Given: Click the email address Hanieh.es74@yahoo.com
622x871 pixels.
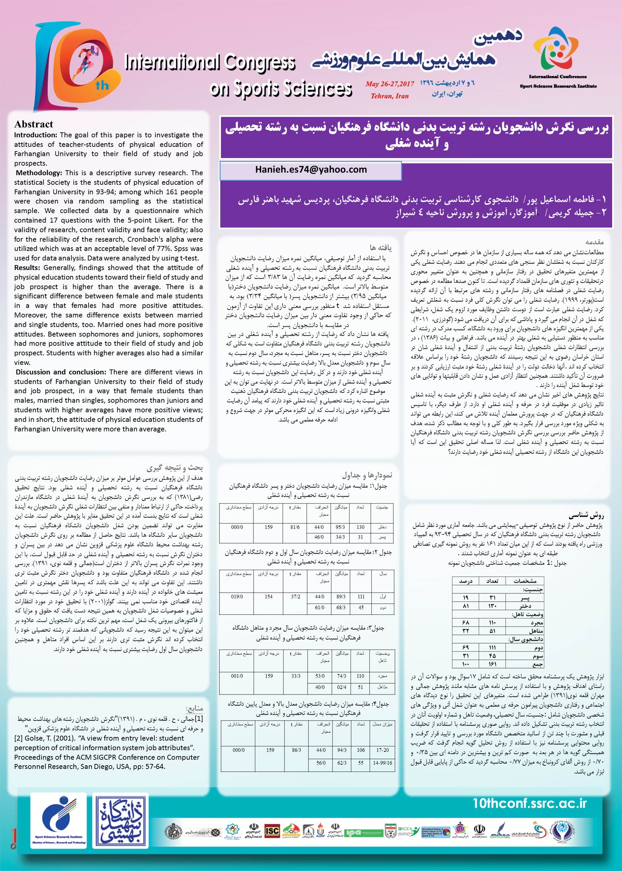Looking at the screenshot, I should [311, 170].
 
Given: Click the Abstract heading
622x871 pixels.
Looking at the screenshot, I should [34, 124].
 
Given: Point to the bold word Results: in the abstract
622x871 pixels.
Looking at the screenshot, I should [27, 268].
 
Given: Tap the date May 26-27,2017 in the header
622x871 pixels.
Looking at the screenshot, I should [390, 84].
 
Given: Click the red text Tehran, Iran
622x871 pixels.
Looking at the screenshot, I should [390, 96].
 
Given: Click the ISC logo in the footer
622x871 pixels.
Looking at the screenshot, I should [272, 831].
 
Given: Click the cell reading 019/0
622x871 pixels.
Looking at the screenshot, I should [237, 597].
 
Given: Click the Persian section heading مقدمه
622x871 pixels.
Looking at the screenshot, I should [594, 242].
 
